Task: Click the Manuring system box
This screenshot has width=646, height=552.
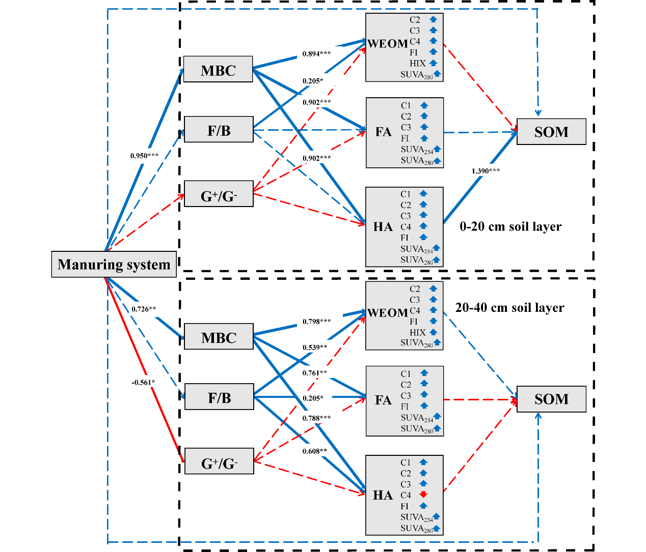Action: pyautogui.click(x=114, y=264)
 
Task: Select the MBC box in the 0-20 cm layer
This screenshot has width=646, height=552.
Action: pyautogui.click(x=218, y=69)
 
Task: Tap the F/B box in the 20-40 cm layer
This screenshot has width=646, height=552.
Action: pyautogui.click(x=219, y=397)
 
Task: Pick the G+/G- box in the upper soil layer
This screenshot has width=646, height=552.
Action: pyautogui.click(x=219, y=194)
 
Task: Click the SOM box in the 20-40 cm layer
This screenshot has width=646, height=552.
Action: pyautogui.click(x=551, y=399)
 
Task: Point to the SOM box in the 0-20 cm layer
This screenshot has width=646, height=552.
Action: pyautogui.click(x=551, y=132)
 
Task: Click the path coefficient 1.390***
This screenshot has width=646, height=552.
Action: pyautogui.click(x=486, y=171)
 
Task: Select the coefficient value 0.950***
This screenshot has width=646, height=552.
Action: pyautogui.click(x=144, y=156)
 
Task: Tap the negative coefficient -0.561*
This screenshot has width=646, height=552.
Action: pyautogui.click(x=143, y=383)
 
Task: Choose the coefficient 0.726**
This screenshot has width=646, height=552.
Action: pyautogui.click(x=144, y=309)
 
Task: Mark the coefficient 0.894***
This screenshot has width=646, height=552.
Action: pyautogui.click(x=316, y=54)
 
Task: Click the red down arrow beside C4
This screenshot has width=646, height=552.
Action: pyautogui.click(x=423, y=495)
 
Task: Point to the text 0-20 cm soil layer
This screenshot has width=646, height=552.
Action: pyautogui.click(x=510, y=226)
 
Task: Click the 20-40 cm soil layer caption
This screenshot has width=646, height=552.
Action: pyautogui.click(x=509, y=308)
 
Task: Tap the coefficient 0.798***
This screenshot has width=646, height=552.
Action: pyautogui.click(x=316, y=322)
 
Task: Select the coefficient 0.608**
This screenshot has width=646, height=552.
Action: pyautogui.click(x=314, y=451)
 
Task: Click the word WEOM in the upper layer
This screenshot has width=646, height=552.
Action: pyautogui.click(x=388, y=44)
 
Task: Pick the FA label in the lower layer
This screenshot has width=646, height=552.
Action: pyautogui.click(x=383, y=400)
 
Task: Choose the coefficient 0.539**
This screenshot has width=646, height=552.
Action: pyautogui.click(x=315, y=347)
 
